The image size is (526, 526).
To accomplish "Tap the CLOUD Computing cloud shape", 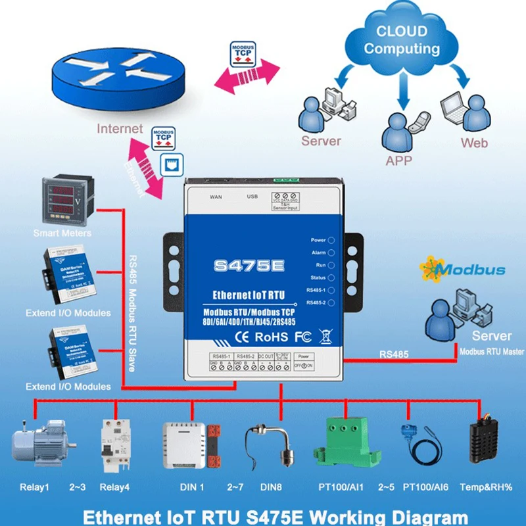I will [x=402, y=42].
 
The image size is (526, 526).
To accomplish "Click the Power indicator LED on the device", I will [x=331, y=241].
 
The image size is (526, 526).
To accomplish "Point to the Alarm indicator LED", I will [x=331, y=252].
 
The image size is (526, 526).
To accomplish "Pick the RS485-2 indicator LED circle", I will [x=331, y=302].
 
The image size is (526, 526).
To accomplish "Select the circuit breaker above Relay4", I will [x=112, y=444].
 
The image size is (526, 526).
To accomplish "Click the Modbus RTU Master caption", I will [x=491, y=352].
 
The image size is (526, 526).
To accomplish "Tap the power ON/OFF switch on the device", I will [x=303, y=365].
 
